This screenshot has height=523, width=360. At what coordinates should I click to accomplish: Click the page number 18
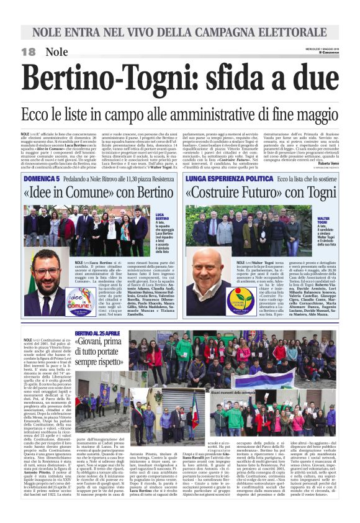click(x=28, y=52)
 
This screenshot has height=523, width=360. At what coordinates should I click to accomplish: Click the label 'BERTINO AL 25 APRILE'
click(x=97, y=334)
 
